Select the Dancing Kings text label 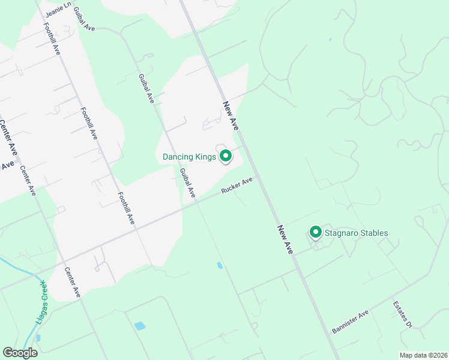188,157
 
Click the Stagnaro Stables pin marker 315,232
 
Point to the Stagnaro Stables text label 357,233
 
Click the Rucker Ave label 237,185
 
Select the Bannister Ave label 350,322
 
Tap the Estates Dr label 402,314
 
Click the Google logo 20,353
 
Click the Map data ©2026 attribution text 423,355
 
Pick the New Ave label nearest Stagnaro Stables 285,239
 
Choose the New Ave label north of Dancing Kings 231,115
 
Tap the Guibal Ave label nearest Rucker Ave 188,183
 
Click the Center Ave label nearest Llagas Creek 72,282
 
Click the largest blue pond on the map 140,326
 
